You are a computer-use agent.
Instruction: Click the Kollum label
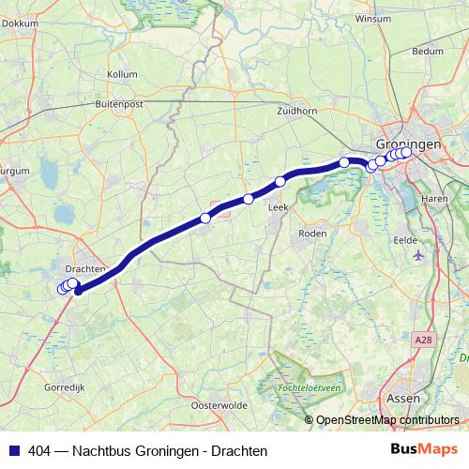pos(123,72)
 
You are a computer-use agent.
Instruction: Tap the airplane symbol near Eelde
pos(418,254)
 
